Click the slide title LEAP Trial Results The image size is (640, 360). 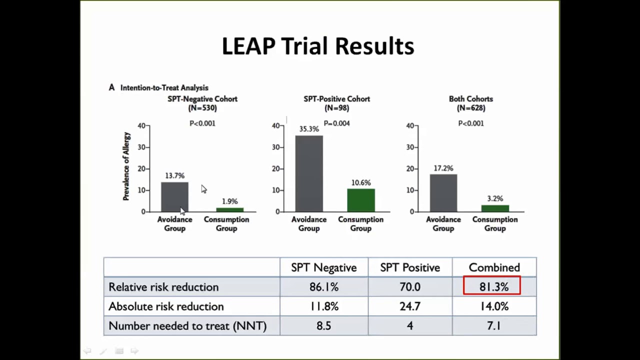318,46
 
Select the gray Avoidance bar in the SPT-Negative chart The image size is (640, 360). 174,197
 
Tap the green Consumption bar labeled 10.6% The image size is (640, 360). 360,200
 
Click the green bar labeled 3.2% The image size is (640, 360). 495,208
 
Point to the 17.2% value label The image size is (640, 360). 443,168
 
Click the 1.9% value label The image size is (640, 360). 229,201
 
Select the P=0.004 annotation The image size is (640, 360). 336,123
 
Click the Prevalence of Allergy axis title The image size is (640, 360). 126,166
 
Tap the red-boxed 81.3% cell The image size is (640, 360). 492,286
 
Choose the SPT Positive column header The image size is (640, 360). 410,267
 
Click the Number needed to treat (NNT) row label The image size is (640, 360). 187,326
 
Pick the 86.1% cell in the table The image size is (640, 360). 324,287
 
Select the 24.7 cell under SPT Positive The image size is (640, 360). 410,306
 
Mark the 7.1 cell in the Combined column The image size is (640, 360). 494,326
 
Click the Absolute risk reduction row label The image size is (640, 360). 166,306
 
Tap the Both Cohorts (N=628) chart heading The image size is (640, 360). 471,103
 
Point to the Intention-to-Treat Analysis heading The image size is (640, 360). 164,88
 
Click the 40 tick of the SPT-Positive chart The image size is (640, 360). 275,125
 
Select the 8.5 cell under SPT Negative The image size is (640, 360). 323,326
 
